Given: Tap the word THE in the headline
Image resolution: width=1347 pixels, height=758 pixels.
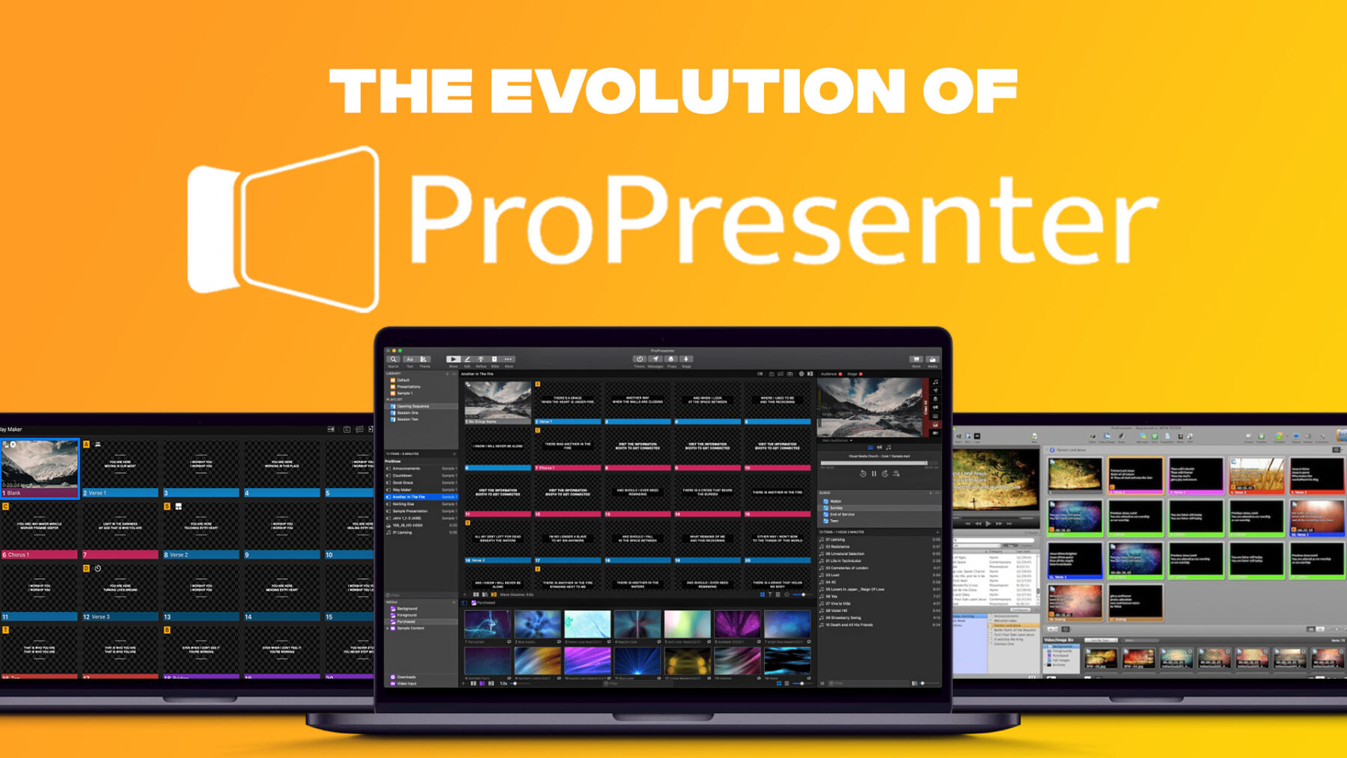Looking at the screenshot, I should pos(401,91).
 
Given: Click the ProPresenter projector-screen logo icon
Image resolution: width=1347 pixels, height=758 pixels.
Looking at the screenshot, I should pos(283,228).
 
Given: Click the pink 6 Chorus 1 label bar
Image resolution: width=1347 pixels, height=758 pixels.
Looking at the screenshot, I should pos(40,555).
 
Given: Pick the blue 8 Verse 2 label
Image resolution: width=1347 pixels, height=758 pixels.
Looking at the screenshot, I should pos(201,555).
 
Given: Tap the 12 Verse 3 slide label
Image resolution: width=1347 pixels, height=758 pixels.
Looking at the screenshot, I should pos(120,617).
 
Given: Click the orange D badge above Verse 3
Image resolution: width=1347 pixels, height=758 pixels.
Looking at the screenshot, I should pos(86,569).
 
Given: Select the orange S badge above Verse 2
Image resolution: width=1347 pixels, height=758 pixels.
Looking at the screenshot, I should pos(167,507).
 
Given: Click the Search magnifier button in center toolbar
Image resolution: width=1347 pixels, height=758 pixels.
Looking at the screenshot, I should pos(394,360).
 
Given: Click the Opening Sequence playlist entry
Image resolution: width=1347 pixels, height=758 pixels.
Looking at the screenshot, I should pos(419,406).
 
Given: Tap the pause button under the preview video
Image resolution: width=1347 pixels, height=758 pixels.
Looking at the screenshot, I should pos(873,474).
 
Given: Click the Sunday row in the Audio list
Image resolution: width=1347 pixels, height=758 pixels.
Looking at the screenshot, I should pos(837,508).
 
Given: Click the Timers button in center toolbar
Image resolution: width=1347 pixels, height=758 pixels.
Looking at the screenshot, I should pos(639,360).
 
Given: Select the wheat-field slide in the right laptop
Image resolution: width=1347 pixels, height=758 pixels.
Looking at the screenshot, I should pos(1256,474).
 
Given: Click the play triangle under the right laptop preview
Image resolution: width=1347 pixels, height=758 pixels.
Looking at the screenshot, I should pos(988,523).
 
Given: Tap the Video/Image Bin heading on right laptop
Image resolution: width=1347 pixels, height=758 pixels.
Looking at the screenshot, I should pos(1059,640).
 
